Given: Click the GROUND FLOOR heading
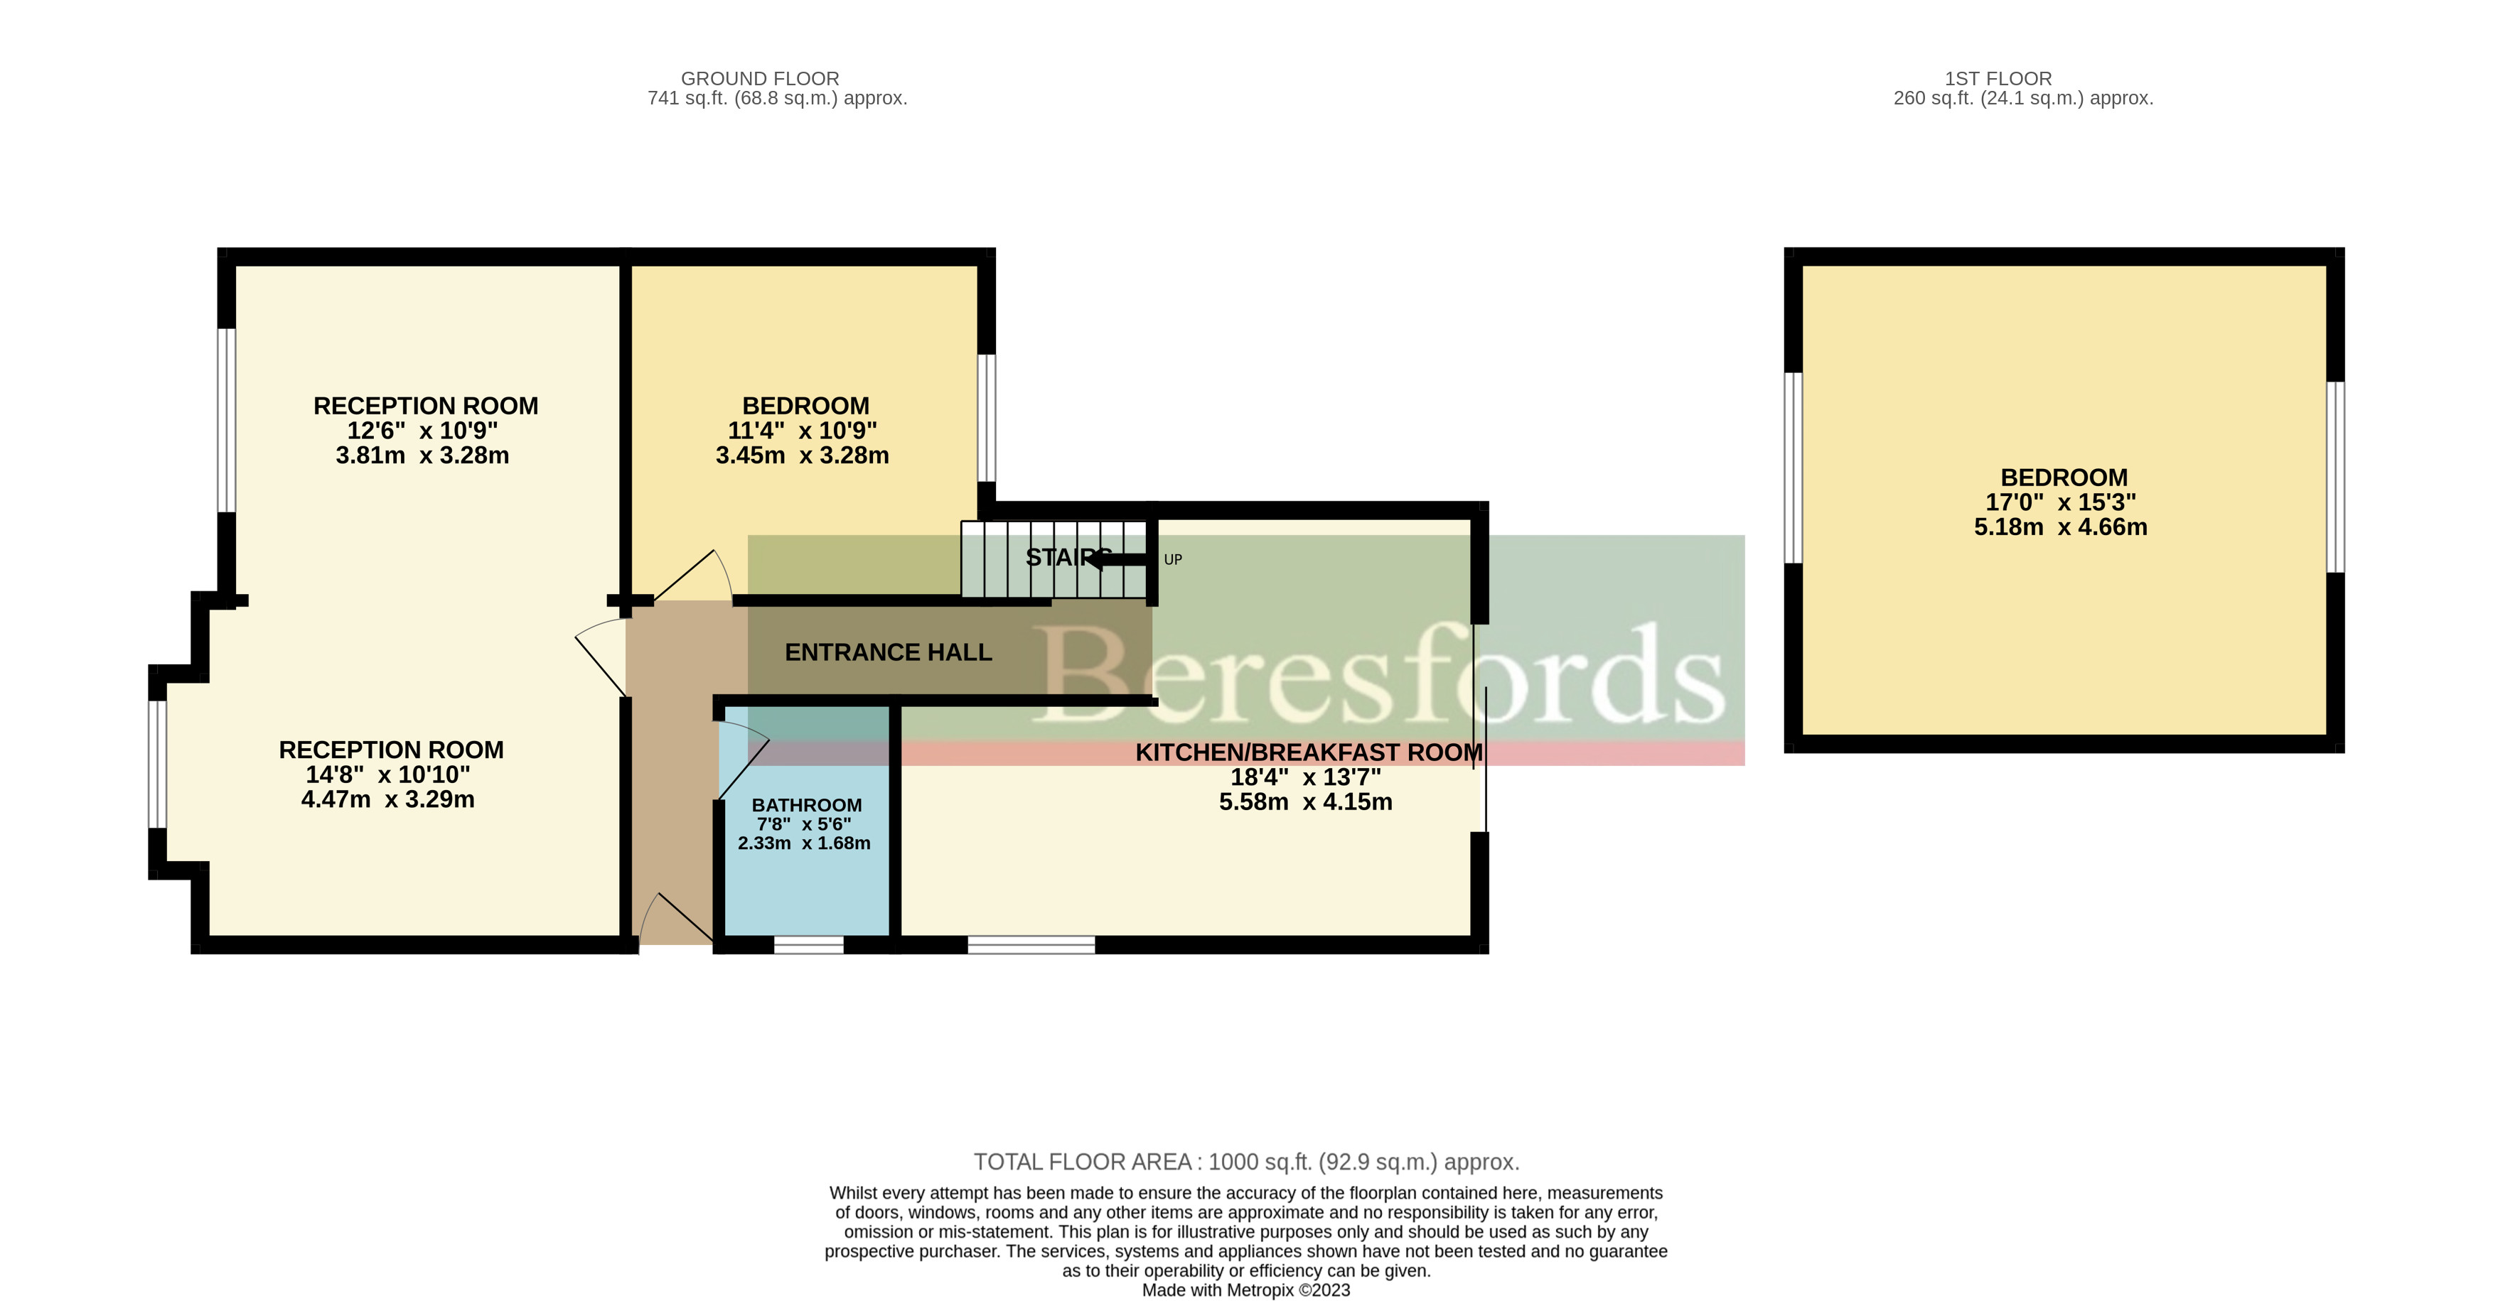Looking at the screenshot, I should pos(760,78).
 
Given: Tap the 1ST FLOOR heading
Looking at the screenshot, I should pos(1998,78).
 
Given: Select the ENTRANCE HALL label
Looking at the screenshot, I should pos(887,653).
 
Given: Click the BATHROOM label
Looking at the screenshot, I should pos(806,805).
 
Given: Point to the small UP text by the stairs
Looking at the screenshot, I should pos(1172,559).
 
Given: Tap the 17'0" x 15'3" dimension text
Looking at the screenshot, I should pos(2059,502).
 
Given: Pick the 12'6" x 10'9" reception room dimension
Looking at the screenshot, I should pos(422,431).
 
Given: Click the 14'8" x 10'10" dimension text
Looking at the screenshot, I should pos(387,774).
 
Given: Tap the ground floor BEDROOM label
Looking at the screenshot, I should pos(805,406).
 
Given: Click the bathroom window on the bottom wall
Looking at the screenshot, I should pos(808,944).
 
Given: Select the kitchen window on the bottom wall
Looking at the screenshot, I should pos(1031,944).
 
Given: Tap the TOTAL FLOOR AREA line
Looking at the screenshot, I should pos(1245,1162).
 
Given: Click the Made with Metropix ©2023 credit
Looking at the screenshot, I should pos(1245,1290).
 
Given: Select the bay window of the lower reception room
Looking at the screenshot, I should pos(157,764).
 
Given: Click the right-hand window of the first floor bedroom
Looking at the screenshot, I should pos(2334,477).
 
